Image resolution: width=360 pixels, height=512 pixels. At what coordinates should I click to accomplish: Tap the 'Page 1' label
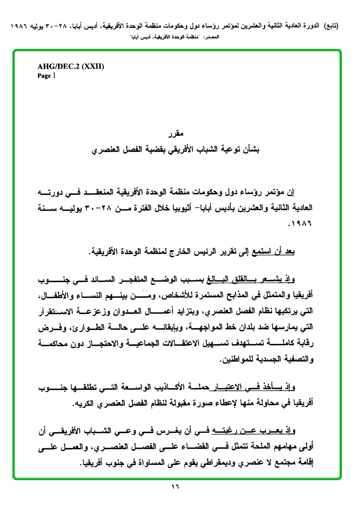47,76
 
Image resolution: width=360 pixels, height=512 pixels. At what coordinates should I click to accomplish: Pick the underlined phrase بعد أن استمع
275,253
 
